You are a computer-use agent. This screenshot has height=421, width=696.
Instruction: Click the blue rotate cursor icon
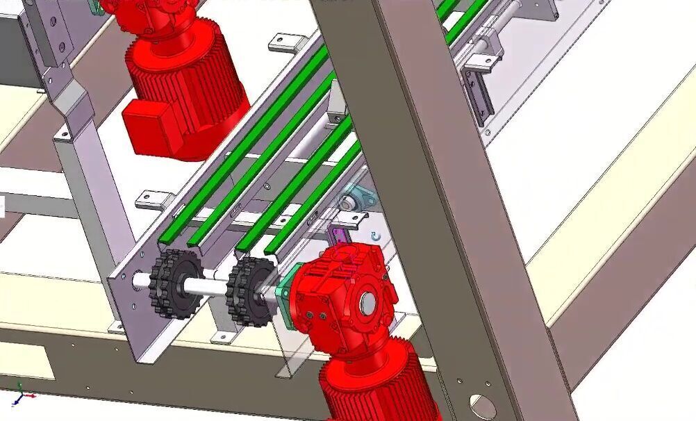(376, 237)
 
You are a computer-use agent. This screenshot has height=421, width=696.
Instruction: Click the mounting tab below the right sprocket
(224, 338)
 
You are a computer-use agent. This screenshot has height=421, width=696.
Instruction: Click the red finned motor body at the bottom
(379, 386)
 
